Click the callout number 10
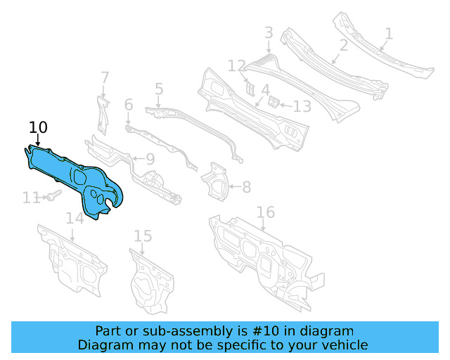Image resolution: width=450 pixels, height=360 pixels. pyautogui.click(x=38, y=127)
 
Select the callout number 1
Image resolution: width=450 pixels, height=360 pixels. pyautogui.click(x=389, y=33)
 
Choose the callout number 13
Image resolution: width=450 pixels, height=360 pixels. pyautogui.click(x=302, y=107)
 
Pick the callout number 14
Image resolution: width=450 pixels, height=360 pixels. pyautogui.click(x=75, y=218)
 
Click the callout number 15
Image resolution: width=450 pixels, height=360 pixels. pyautogui.click(x=143, y=236)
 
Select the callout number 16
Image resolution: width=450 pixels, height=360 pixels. pyautogui.click(x=265, y=212)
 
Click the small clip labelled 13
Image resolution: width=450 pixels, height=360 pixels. pyautogui.click(x=274, y=102)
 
